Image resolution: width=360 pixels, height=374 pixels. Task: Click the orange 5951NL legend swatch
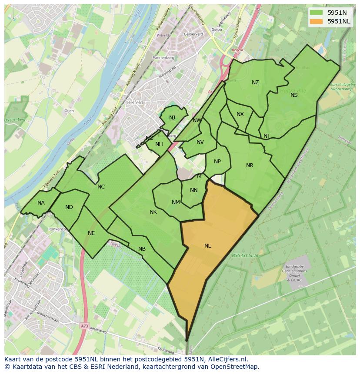click(x=317, y=21)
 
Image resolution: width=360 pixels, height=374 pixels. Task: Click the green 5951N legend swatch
click(x=317, y=12)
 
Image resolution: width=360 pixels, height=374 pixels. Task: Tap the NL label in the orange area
click(x=208, y=246)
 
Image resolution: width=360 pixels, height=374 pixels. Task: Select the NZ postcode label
click(x=255, y=83)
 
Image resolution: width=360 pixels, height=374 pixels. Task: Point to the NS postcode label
click(x=294, y=95)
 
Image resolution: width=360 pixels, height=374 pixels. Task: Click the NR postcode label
click(x=250, y=165)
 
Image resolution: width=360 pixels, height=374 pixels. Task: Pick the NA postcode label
click(x=41, y=203)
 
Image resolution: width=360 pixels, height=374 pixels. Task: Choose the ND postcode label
click(x=69, y=207)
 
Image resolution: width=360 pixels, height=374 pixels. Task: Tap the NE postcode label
click(x=91, y=233)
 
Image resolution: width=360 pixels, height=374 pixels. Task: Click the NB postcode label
click(x=142, y=249)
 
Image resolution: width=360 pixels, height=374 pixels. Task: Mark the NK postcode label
click(x=153, y=212)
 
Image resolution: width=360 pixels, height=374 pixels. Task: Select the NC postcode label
click(x=101, y=187)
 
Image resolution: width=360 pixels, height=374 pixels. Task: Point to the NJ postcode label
click(x=172, y=118)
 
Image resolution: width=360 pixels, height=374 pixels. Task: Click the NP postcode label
click(x=217, y=162)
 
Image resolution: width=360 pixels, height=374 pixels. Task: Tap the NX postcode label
click(x=240, y=114)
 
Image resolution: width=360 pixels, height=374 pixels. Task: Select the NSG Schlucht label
click(x=246, y=255)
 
